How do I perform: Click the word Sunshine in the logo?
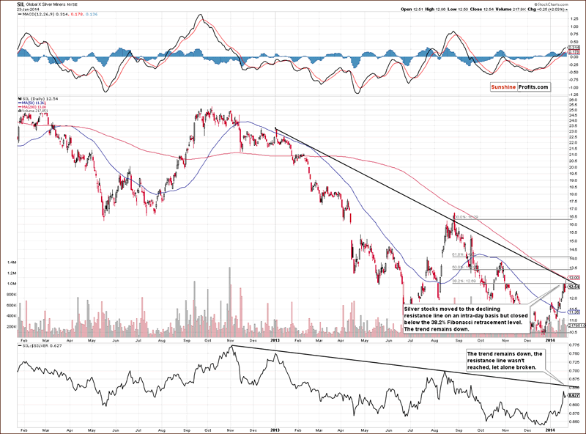(x=502, y=88)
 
